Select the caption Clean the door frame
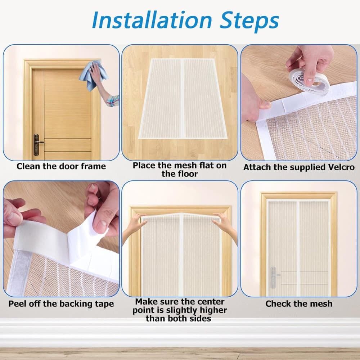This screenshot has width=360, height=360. (x=61, y=166)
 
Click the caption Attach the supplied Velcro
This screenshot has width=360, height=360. (x=299, y=167)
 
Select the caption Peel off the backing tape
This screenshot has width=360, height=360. (x=61, y=304)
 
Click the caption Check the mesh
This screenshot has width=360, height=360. (x=299, y=304)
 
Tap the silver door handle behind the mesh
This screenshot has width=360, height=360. (x=274, y=277)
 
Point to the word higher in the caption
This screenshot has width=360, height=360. (x=211, y=310)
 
